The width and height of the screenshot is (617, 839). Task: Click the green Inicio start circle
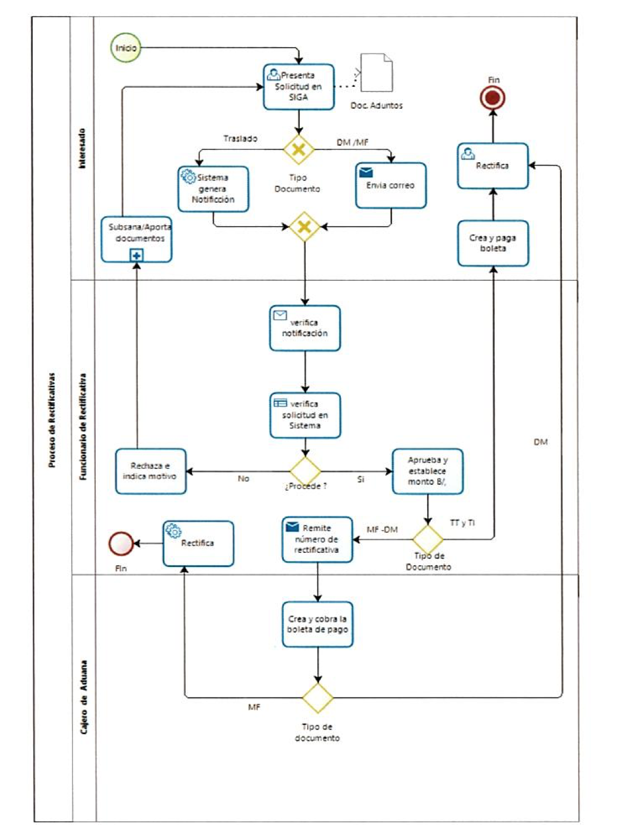point(126,48)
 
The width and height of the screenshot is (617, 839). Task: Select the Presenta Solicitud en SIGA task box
point(299,87)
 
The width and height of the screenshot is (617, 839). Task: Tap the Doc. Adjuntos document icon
point(377,73)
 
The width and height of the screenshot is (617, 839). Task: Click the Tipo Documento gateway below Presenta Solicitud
point(299,149)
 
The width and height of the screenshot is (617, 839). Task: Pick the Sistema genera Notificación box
point(213,189)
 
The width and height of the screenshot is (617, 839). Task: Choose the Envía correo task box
point(391,186)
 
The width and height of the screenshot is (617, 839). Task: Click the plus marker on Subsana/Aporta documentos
point(136,256)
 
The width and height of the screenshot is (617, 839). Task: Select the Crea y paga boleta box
point(493,243)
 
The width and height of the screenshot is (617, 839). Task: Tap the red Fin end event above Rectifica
point(492,98)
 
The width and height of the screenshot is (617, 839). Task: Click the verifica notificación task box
point(305,328)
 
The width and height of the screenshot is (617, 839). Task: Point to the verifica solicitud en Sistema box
point(306,415)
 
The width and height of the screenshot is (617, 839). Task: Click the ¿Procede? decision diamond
point(306,471)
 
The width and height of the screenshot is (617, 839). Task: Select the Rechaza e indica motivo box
point(150,471)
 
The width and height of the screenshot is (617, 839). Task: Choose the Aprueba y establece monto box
point(427,471)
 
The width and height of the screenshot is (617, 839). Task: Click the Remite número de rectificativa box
point(317,539)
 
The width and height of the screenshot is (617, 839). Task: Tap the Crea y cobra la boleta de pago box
point(318,625)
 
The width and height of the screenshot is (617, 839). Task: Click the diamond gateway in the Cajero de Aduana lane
point(318,697)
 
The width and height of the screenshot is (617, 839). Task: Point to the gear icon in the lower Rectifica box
point(173,531)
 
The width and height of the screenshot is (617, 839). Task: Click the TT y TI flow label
point(462,522)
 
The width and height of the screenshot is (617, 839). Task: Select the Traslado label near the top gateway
point(240,139)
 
